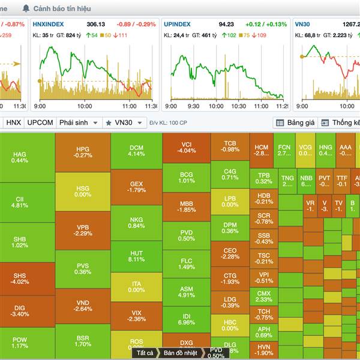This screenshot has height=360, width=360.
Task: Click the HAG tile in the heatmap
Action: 19,157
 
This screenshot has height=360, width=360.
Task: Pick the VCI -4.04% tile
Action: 186,147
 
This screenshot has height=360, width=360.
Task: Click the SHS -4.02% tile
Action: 19,279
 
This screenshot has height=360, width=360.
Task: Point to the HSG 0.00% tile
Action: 83,191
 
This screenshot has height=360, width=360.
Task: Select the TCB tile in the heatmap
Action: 230,146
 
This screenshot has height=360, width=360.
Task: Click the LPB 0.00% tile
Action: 230,202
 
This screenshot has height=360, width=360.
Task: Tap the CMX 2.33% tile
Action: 263,296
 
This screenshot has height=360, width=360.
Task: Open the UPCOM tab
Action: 40,122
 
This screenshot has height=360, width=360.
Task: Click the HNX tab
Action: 13,122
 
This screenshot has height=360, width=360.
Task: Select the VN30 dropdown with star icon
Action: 124,122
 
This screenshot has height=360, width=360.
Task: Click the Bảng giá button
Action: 295,122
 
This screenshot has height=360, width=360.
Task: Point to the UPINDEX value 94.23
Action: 226,25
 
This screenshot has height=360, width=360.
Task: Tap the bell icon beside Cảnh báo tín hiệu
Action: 26,8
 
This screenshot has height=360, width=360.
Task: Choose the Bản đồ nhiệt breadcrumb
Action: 181,353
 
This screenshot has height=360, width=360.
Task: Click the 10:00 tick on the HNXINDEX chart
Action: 84,106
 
